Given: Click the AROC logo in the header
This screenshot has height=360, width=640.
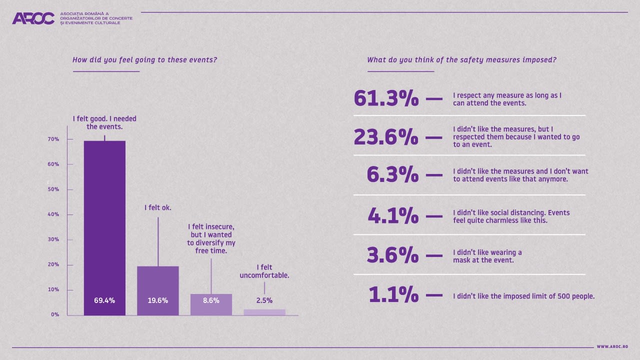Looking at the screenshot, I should click(33, 18).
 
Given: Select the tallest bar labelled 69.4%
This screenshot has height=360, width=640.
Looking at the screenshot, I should click(104, 227).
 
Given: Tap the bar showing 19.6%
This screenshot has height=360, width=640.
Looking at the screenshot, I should click(158, 290).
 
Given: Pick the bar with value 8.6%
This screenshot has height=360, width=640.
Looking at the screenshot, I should click(211, 304).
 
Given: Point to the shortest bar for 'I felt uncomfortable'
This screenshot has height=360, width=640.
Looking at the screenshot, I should click(264, 312).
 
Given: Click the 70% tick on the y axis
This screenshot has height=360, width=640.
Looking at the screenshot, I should click(53, 139).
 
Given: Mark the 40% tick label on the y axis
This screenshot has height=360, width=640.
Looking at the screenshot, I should click(53, 214).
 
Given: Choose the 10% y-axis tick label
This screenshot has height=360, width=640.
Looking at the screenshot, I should click(53, 289).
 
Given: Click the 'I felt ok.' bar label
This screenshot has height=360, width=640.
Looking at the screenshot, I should click(158, 207).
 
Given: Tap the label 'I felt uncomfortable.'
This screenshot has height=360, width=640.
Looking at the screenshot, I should click(264, 271).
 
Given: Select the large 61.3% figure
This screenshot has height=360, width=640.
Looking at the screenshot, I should click(385, 98).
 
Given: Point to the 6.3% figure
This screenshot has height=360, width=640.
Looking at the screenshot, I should click(392, 174).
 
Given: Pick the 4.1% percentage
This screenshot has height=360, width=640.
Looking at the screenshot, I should click(393, 215).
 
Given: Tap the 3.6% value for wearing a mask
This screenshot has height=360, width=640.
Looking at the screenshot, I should click(392, 255).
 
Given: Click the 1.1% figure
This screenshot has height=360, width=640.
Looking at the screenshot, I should click(393, 295).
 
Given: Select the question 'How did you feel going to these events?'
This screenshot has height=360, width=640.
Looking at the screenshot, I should click(144, 60).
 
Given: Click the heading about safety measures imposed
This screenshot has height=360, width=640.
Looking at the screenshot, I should click(461, 60).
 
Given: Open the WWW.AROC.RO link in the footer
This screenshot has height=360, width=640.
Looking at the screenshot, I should click(612, 346).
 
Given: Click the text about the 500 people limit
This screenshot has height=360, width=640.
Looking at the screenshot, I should click(523, 296).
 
